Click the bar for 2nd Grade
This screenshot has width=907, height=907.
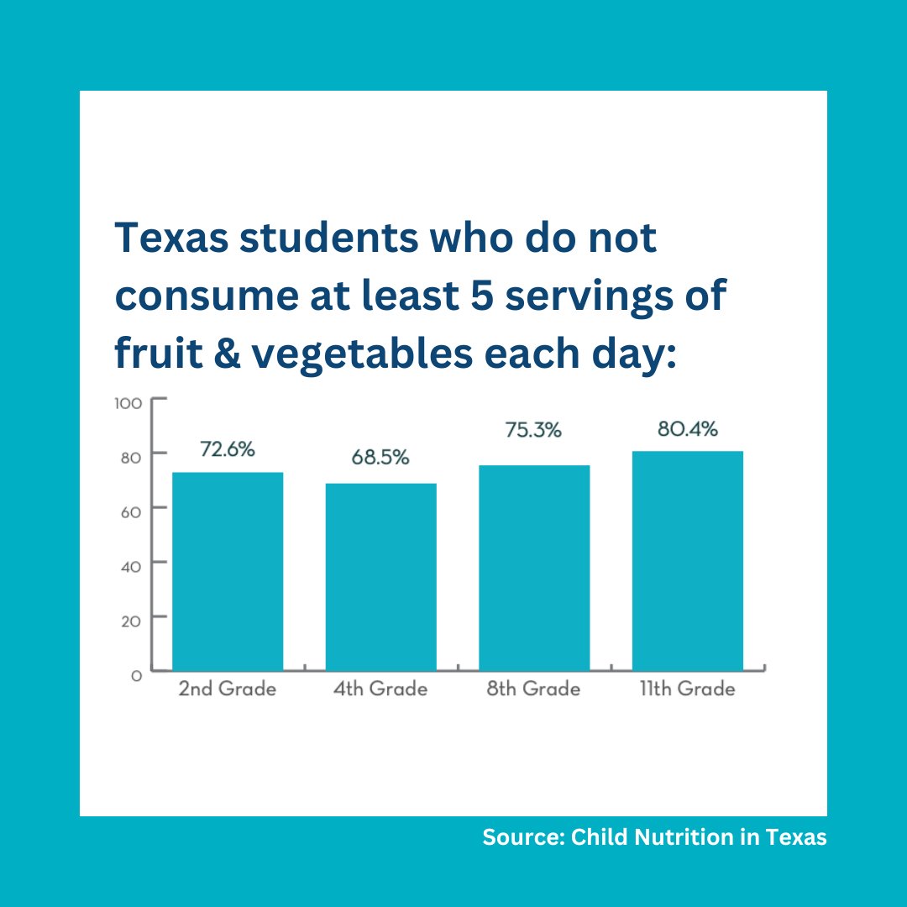coord(228,571)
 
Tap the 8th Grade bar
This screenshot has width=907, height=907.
coord(534,568)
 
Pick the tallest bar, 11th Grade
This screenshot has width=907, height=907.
coord(687,560)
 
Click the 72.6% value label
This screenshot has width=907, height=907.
coord(227,449)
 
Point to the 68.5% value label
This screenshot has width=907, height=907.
coord(380,459)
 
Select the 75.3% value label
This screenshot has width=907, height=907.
coord(533,430)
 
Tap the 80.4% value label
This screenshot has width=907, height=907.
coord(687,429)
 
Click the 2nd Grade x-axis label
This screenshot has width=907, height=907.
coord(227,689)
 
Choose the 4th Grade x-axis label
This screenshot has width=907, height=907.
coord(380,689)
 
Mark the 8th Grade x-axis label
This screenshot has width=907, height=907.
coord(533,689)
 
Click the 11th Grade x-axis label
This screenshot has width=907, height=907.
coord(687,689)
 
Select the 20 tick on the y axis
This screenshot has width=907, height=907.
coord(133,619)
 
